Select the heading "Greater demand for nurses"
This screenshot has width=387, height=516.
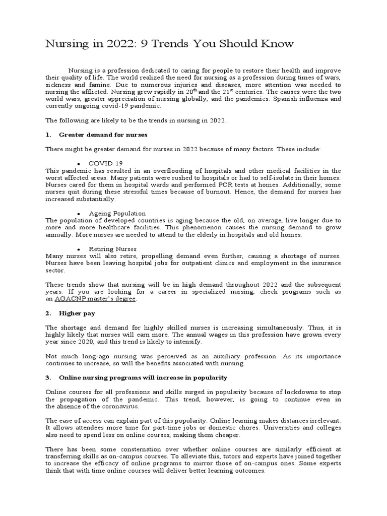[x=103, y=135]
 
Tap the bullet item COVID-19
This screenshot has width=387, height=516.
[x=106, y=163]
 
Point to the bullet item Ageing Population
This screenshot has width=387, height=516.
[x=117, y=213]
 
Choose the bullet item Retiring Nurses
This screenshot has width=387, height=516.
[x=113, y=249]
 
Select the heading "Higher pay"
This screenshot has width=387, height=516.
[x=77, y=313]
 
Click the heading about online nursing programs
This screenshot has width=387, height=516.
[x=143, y=377]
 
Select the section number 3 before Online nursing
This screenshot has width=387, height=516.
[x=49, y=377]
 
